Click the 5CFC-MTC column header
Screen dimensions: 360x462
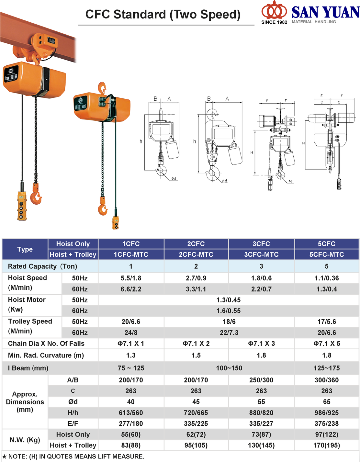326,254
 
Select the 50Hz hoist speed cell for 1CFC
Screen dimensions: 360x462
131,278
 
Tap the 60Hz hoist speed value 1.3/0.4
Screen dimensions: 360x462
327,289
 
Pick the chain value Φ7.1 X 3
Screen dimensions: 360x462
261,344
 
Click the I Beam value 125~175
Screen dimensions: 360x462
327,368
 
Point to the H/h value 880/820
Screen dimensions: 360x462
261,413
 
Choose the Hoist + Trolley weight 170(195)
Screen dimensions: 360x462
327,445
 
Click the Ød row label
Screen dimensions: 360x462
73,401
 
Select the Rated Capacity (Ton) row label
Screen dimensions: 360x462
42,266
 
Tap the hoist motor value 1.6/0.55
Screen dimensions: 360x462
229,311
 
